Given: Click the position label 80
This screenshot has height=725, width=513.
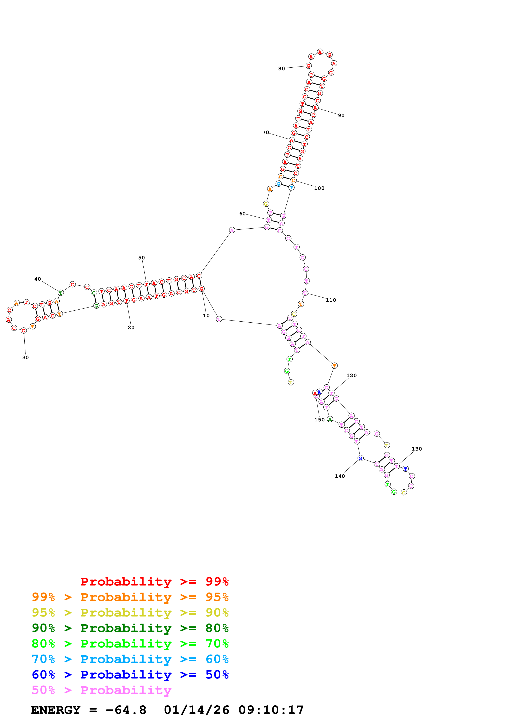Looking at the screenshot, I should tap(281, 69).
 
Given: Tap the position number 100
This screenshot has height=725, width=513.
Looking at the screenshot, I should tap(319, 188).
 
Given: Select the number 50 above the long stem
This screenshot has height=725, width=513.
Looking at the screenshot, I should tap(142, 258).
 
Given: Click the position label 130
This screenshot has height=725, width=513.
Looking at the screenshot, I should tap(417, 449).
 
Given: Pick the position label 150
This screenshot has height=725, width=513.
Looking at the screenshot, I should tap(319, 420).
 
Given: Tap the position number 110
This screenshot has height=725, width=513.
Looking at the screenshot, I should tap(331, 300).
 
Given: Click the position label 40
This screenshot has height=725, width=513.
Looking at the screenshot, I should tap(38, 279).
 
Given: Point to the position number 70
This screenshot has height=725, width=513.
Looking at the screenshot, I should tap(266, 132).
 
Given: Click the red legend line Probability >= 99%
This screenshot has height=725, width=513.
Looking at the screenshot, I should tap(154, 581).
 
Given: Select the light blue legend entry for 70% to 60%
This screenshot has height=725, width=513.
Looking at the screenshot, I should tap(130, 659).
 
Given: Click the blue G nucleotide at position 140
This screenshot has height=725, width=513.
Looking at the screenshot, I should tap(360, 458).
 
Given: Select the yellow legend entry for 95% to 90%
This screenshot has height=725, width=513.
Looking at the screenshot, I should tap(130, 612).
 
